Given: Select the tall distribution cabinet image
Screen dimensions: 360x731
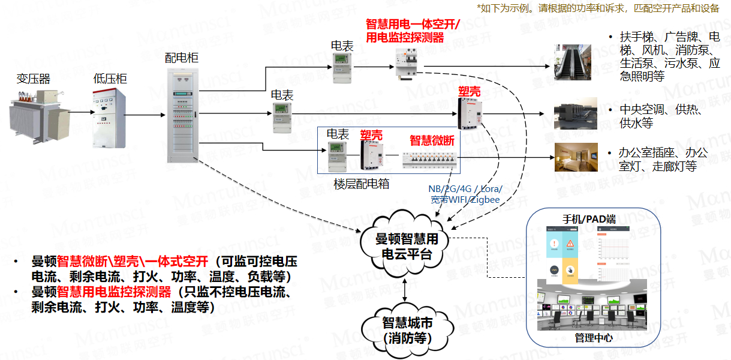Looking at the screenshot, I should pos(182,115).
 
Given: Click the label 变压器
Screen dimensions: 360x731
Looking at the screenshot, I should pos(34,79).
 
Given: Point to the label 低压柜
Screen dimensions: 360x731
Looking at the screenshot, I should pos(110,79).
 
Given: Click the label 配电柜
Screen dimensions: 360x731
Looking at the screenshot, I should pos(182,58).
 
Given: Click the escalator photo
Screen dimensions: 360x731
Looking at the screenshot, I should pos(572,63).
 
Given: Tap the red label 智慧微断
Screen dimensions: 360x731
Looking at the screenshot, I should pos(432,140).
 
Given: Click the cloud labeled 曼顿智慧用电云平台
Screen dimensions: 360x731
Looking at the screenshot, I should pos(407,246).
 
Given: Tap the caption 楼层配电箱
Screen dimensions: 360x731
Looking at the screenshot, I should pos(361,184).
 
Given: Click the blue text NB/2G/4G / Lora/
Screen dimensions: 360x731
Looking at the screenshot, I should pos(465,189).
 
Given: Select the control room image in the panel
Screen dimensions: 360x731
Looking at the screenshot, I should pos(593,308).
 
